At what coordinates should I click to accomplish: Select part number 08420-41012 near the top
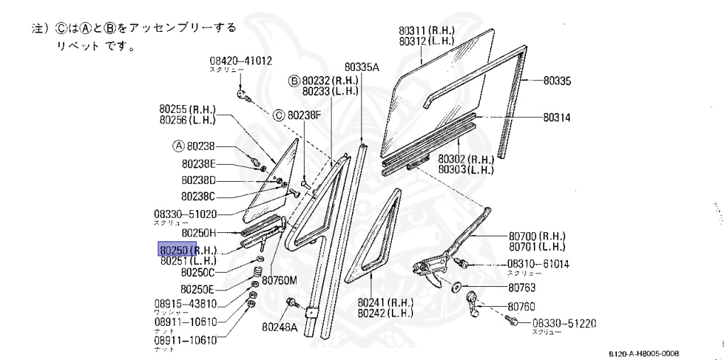(241, 61)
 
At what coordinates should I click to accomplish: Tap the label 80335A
(363, 67)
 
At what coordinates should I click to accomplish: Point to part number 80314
(557, 116)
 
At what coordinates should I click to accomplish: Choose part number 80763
(521, 288)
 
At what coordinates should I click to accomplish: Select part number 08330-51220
(564, 324)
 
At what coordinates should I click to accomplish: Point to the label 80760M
(279, 280)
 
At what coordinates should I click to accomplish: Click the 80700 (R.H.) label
(536, 236)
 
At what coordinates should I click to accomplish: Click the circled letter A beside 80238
(178, 146)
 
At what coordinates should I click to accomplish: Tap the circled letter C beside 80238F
(279, 114)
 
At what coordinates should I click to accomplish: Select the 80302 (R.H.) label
(465, 160)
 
